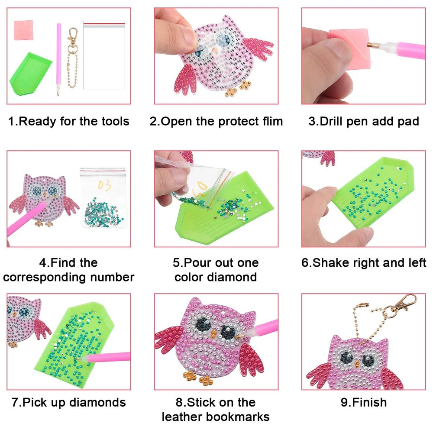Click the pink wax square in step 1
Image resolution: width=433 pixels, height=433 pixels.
(x=23, y=30)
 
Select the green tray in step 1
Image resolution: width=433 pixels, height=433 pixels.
(x=31, y=74)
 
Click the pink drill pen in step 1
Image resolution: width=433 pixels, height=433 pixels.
(x=58, y=59)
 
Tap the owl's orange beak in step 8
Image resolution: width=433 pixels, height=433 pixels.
(x=213, y=334)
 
